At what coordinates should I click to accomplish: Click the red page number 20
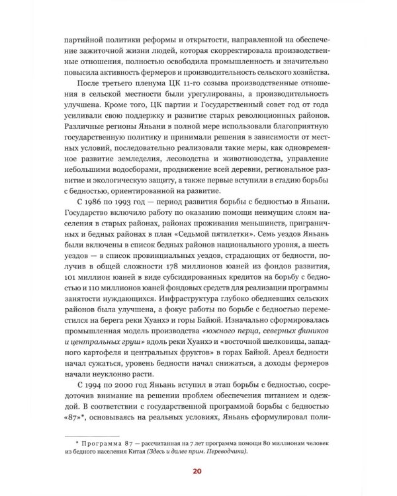point(198,471)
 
